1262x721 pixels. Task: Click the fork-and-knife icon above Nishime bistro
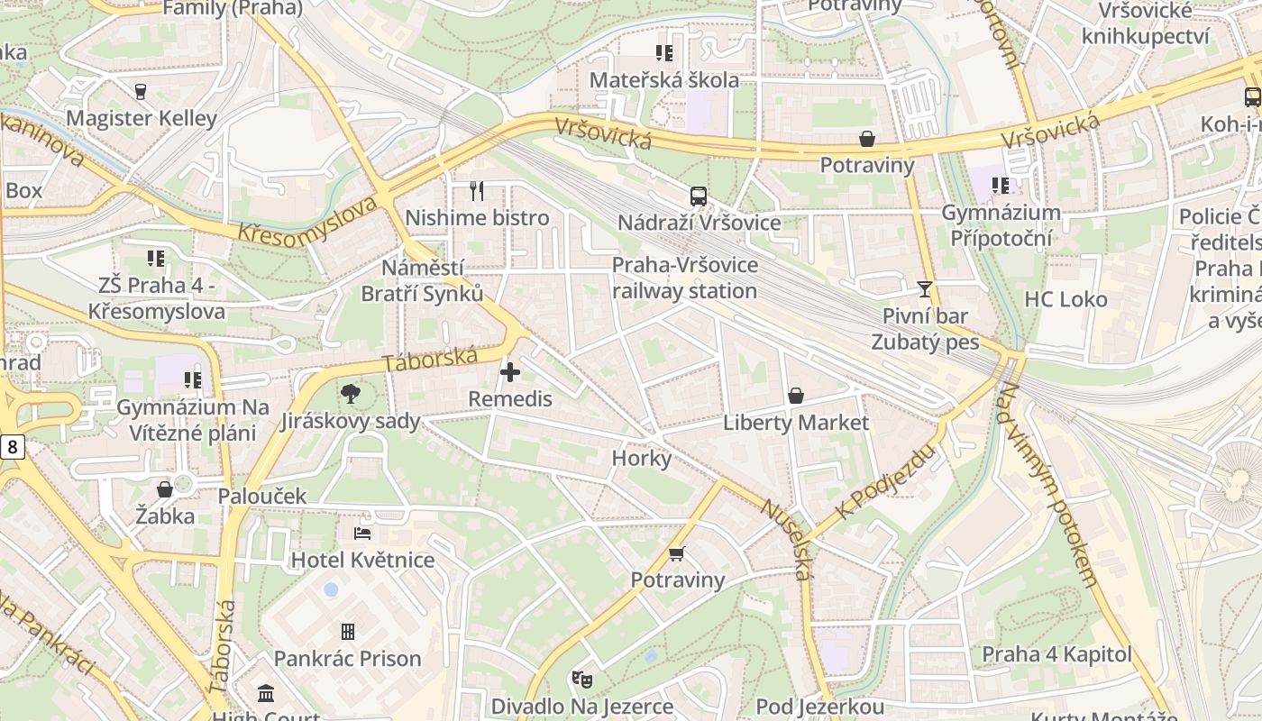point(477,190)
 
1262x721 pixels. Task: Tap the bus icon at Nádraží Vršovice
point(698,196)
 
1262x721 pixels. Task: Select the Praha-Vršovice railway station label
point(685,278)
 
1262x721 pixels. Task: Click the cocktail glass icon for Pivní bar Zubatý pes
point(924,289)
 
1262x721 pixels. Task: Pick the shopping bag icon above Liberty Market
point(795,396)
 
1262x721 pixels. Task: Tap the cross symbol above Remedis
point(510,371)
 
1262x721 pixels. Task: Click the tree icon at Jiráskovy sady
point(350,394)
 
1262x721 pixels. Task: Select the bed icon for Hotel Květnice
point(362,533)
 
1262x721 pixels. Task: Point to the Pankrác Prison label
point(348,659)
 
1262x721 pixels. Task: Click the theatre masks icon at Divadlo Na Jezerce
point(581,679)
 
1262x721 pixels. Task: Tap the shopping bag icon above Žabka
point(165,489)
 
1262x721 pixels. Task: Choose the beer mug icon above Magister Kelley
point(141,91)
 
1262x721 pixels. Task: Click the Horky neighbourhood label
point(642,459)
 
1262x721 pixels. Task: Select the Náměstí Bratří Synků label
point(422,280)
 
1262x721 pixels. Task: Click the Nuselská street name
point(784,538)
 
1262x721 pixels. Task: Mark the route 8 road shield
point(12,445)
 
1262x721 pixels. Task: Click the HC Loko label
point(1065,299)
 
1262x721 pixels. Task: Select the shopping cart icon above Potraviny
point(677,553)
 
